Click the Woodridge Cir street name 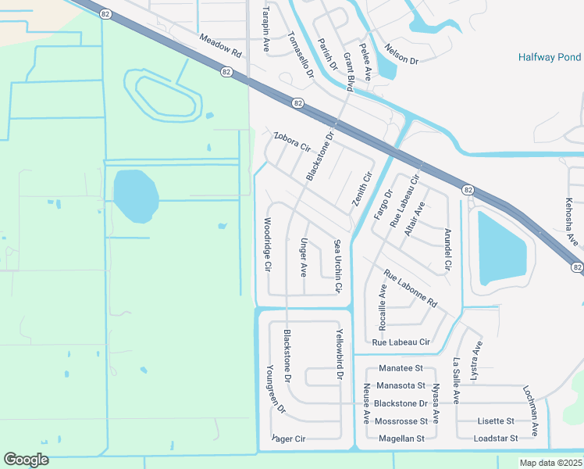[x=268, y=244]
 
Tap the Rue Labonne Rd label [x=410, y=288]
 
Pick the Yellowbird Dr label [x=340, y=353]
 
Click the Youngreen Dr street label [x=276, y=388]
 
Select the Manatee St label [x=400, y=368]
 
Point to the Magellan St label [x=401, y=439]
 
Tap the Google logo [x=26, y=459]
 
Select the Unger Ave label [x=304, y=257]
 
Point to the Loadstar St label [x=496, y=439]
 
